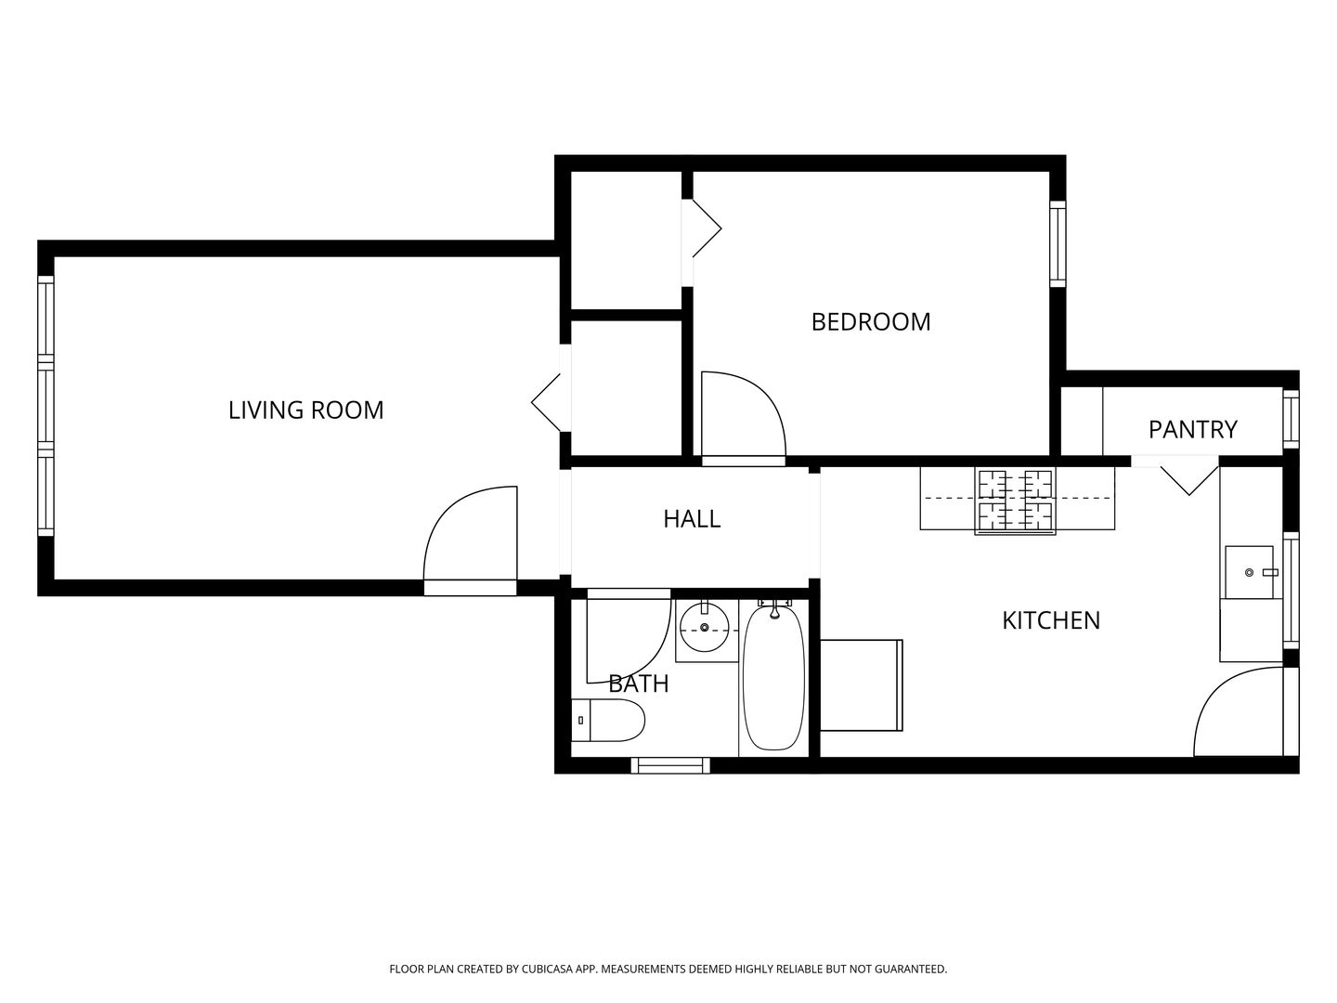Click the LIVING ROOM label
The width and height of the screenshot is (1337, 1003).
[305, 410]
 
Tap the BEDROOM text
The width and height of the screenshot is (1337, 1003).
[870, 321]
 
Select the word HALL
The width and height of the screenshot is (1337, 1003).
[692, 519]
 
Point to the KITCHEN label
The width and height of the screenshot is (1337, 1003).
[1051, 620]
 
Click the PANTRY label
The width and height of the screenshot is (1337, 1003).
[1193, 429]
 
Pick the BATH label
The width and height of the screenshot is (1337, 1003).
[639, 684]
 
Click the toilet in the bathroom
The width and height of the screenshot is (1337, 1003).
[607, 720]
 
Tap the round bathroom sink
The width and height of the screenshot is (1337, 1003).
[704, 627]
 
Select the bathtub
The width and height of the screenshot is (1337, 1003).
[773, 677]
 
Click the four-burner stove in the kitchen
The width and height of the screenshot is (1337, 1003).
[1015, 501]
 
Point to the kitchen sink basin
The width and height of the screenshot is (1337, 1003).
[1249, 572]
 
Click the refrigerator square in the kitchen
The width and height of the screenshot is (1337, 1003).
[862, 685]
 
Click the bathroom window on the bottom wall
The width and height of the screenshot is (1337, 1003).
[670, 765]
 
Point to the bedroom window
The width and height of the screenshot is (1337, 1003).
[1058, 243]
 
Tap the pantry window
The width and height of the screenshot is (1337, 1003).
[1292, 419]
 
